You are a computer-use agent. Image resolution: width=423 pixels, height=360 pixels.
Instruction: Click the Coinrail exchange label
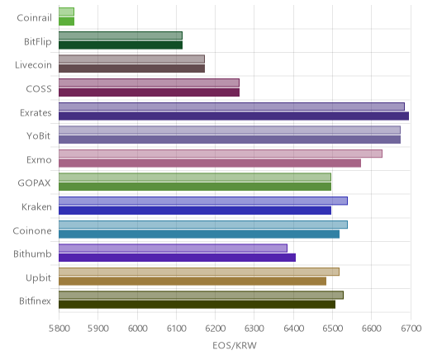point(34,18)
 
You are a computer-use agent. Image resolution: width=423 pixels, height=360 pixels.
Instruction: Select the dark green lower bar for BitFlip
point(121,45)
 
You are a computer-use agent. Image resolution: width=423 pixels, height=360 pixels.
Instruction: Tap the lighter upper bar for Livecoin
point(131,59)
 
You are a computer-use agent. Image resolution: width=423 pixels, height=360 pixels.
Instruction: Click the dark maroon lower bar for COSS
point(149,92)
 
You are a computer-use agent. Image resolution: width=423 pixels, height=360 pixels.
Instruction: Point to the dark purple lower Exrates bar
point(234,116)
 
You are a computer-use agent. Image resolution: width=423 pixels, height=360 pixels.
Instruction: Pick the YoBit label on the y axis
point(39,136)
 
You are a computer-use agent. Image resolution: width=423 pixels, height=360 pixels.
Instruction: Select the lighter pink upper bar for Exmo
point(221,154)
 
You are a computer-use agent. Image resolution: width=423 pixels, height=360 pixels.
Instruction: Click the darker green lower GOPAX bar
point(195,187)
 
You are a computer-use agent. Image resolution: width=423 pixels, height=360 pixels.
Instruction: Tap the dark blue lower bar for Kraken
point(195,211)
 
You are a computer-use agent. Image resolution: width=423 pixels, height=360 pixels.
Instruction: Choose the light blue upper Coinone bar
point(203,225)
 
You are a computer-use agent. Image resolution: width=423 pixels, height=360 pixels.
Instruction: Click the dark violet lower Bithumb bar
point(177,258)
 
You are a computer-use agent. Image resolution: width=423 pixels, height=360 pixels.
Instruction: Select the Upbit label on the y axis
point(38,278)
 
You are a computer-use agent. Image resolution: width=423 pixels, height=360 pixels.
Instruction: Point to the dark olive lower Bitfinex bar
point(197,305)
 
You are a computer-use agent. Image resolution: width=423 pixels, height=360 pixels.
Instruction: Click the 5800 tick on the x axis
point(59,329)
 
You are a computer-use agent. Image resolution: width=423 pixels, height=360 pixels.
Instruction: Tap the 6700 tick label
point(411,329)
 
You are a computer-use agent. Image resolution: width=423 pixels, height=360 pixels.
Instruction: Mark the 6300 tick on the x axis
point(254,329)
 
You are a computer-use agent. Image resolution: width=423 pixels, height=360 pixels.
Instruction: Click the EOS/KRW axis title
point(235,345)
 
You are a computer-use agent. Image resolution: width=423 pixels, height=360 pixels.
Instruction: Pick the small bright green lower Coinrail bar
point(66,21)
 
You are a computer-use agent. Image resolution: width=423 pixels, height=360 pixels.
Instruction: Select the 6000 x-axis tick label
point(137,329)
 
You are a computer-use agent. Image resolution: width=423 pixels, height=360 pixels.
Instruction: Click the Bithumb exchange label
point(32,253)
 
